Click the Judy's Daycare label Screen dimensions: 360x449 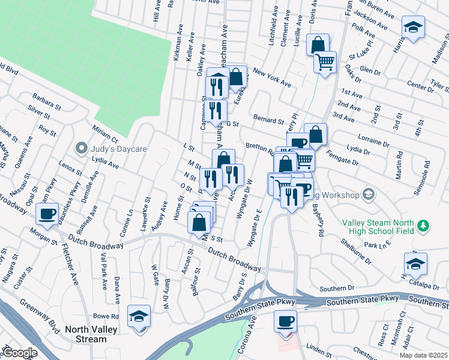(x=116, y=148)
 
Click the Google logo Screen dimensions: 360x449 (x=20, y=353)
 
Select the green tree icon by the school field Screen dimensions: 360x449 (x=424, y=224)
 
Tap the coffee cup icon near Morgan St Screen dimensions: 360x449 (x=47, y=213)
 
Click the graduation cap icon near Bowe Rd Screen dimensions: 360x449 (x=139, y=316)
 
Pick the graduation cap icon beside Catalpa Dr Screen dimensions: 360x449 (x=415, y=263)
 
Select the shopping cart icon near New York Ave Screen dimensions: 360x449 (x=325, y=62)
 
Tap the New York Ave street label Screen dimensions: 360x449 (x=271, y=77)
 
